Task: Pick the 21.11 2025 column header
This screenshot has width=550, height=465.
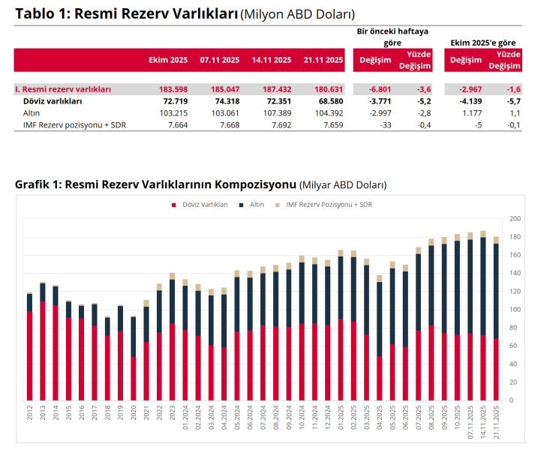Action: click(323, 60)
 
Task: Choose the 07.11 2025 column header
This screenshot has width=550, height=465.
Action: click(220, 60)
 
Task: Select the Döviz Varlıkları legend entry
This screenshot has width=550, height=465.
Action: click(200, 204)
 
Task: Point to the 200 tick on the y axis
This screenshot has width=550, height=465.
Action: click(515, 218)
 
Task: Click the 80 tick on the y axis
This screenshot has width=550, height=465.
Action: click(513, 328)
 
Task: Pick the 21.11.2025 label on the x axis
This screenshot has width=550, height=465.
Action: click(496, 421)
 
